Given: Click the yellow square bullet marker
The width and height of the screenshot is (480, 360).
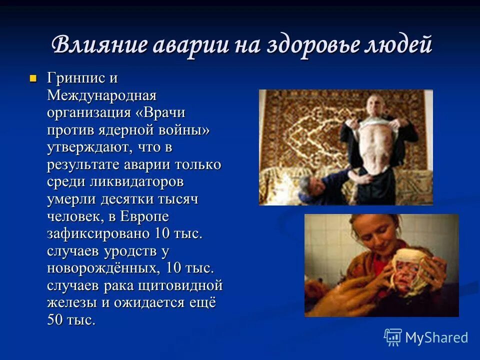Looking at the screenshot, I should coord(33,78).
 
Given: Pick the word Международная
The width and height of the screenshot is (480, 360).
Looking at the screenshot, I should coord(102,95).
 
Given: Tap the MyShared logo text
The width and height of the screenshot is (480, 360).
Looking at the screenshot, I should coord(436,337).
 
